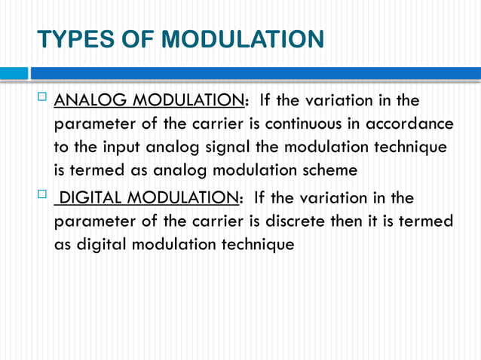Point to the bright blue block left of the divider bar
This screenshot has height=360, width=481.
pyautogui.click(x=14, y=73)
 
